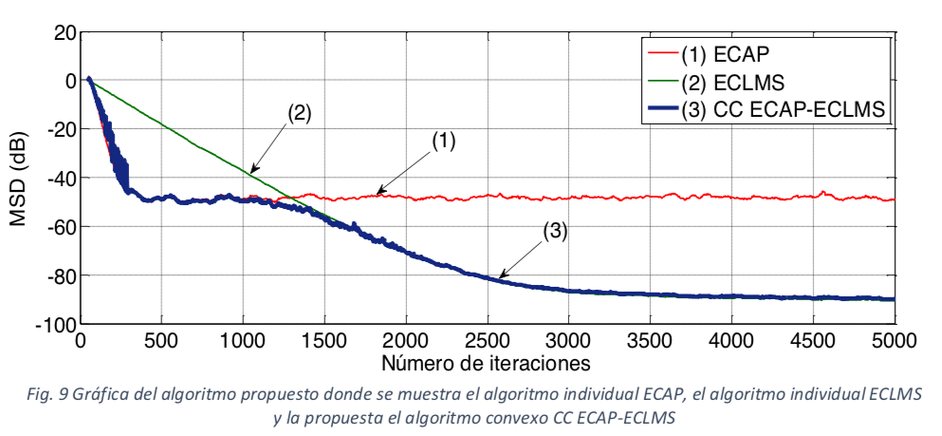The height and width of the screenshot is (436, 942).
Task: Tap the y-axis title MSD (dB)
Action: (x=19, y=178)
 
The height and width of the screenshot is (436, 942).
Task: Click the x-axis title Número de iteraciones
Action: (x=487, y=362)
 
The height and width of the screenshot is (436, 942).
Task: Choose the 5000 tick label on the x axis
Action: (x=894, y=340)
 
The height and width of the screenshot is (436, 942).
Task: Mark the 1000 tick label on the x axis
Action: (x=243, y=340)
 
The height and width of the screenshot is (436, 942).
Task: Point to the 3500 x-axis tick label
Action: (x=731, y=340)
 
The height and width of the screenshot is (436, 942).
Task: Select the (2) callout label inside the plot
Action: (x=298, y=110)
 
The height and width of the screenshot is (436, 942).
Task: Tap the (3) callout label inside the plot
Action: (x=555, y=231)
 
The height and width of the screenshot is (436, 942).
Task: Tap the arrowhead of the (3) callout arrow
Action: (x=500, y=277)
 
